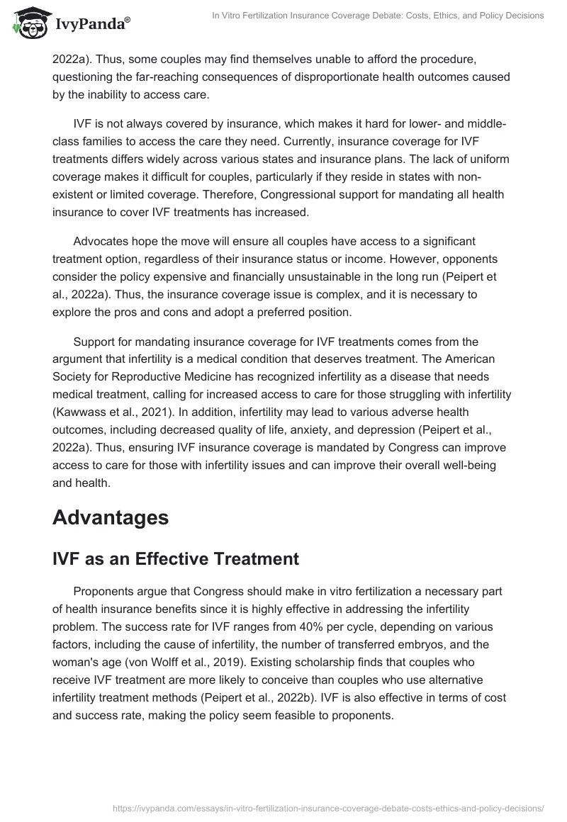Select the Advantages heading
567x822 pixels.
coord(111,517)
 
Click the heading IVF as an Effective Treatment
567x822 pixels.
coord(176,558)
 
